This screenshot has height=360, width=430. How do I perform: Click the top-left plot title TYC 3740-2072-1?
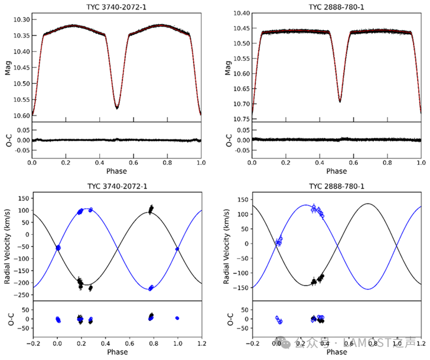point(116,7)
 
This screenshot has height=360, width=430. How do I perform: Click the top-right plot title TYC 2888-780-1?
point(336,7)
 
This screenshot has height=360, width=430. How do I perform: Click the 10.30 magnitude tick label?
point(21,20)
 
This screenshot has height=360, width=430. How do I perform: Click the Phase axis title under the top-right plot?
point(337,171)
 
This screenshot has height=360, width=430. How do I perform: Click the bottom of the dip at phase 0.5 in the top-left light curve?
point(117,108)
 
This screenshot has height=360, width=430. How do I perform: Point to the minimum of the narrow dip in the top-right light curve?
point(340,102)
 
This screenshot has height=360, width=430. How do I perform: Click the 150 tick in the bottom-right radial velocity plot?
point(243,200)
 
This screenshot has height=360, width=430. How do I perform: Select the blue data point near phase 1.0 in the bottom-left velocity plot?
point(177,249)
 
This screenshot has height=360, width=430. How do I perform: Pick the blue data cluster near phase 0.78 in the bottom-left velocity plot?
point(151,288)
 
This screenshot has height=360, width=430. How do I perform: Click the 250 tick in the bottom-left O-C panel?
point(22,309)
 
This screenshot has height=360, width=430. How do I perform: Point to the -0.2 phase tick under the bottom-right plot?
point(253,343)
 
